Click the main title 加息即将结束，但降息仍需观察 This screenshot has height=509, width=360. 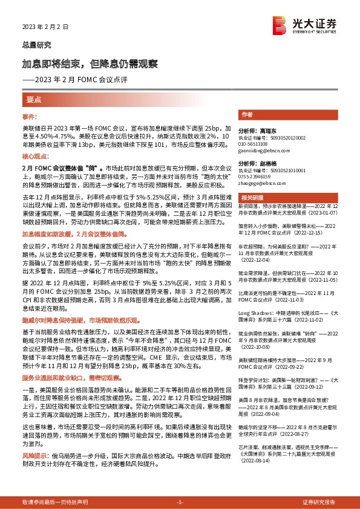pos(90,63)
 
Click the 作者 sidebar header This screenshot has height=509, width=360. pos(246,114)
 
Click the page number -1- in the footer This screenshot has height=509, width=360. pos(180,502)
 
